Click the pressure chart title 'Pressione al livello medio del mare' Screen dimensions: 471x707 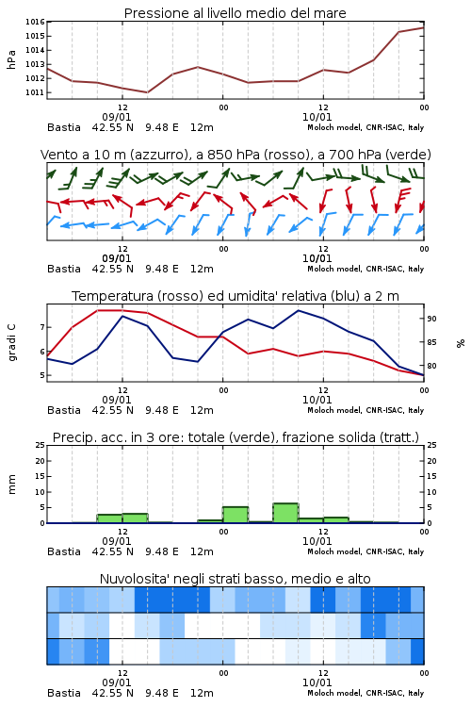point(235,13)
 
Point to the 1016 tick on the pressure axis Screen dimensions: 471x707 point(35,22)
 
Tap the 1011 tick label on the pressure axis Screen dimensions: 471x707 point(35,92)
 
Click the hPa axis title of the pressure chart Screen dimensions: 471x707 point(11,59)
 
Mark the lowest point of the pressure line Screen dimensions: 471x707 point(147,92)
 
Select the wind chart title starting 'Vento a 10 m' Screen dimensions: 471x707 point(235,155)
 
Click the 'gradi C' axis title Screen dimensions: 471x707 point(11,342)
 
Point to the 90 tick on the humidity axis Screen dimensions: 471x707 point(431,319)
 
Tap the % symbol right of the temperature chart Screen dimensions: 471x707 point(461,343)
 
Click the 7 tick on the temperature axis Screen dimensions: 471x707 point(42,327)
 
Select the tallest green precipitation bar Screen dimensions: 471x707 point(285,513)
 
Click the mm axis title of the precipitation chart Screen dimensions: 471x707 point(11,484)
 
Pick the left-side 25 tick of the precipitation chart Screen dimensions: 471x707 point(41,445)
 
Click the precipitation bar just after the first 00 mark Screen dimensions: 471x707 point(235,515)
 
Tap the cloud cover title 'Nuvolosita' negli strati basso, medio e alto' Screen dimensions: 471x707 point(235,579)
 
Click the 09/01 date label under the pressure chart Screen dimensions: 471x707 point(117,117)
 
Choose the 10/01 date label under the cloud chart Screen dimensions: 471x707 point(317,682)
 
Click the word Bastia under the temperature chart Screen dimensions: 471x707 point(64,410)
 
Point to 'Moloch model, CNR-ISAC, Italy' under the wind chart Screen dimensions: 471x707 point(365,269)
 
